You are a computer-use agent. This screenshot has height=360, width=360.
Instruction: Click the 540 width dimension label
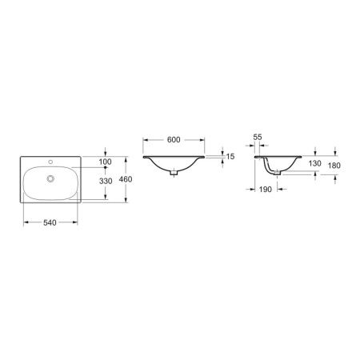(50, 222)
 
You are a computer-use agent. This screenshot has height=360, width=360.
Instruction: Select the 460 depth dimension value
(126, 179)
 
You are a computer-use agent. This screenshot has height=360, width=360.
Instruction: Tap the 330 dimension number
(106, 181)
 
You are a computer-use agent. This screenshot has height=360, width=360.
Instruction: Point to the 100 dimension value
(105, 162)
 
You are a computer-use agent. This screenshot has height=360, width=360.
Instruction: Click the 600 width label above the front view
(174, 139)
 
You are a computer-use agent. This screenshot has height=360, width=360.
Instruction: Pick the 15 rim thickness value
(230, 157)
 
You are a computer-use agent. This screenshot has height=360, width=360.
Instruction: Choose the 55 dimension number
(258, 137)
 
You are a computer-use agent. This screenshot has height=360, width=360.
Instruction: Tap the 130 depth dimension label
(315, 163)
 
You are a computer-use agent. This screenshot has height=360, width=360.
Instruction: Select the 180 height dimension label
(334, 166)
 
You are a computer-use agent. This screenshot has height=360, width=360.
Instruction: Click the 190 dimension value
(266, 190)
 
